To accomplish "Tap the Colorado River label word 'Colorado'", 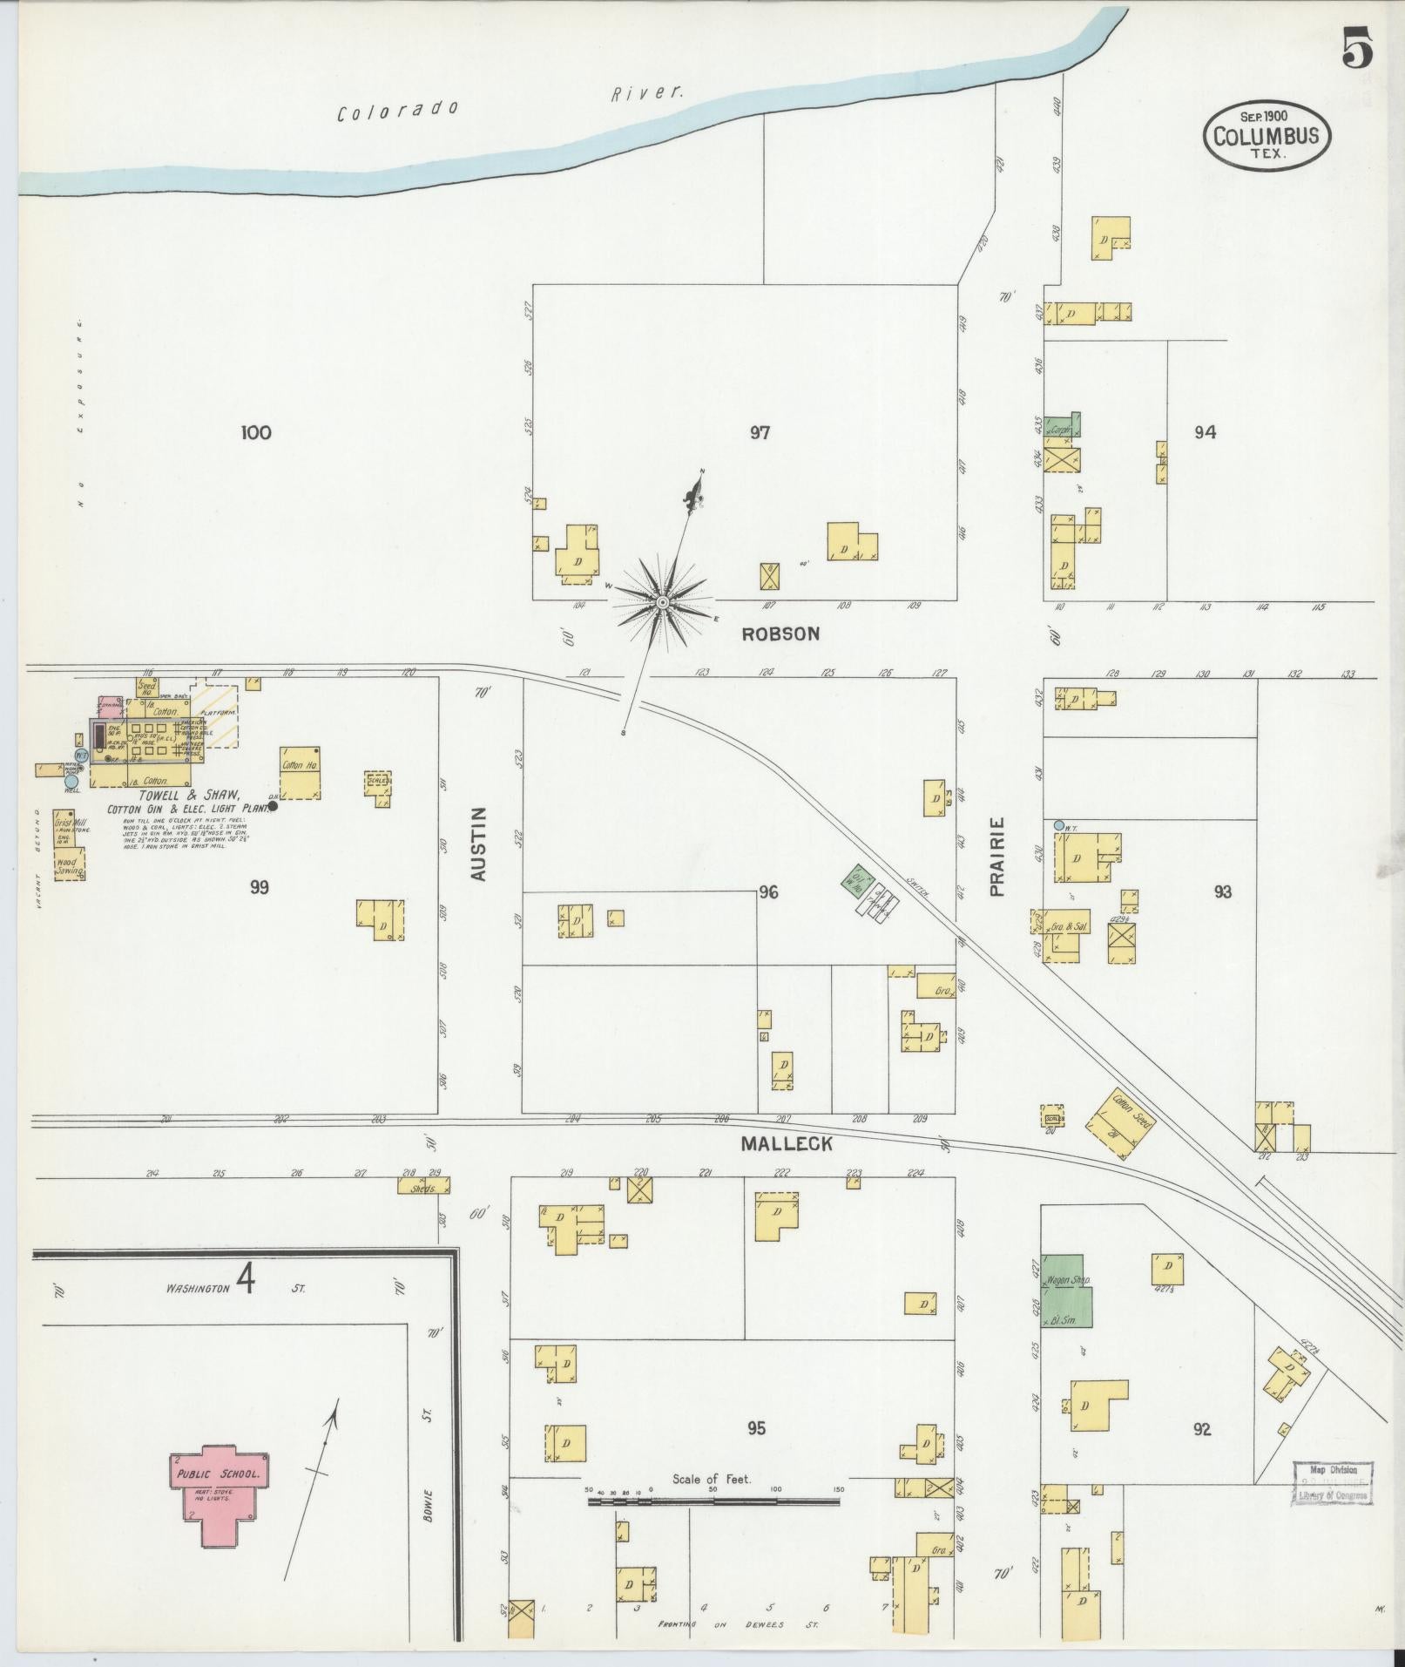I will point(398,112).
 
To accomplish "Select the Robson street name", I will point(780,634).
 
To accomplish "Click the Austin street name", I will point(479,843).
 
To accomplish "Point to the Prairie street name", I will point(997,856).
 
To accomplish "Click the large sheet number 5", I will point(1356,48).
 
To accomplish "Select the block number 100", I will point(257,432).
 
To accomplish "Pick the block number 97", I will point(760,432).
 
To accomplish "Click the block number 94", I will point(1205,432).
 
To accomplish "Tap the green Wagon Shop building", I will point(1067,1291).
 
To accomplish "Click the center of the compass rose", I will point(663,602).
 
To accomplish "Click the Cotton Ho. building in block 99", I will point(301,772).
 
